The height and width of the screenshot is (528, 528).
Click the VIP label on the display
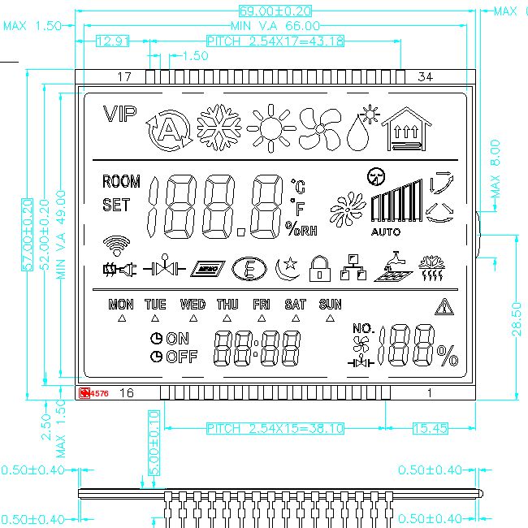point(120,115)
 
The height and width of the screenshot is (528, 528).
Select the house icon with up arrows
point(407,130)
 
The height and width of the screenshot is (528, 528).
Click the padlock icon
point(320,268)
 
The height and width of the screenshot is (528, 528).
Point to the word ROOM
point(121,181)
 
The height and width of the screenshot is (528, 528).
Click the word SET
point(116,206)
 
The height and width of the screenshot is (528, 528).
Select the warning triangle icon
point(444,306)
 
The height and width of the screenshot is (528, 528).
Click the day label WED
point(193,305)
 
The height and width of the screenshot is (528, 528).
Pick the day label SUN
point(330,305)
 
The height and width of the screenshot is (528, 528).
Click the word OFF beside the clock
point(182,357)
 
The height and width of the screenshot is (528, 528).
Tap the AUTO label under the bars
point(386,232)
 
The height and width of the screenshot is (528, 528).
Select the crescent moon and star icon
point(287,267)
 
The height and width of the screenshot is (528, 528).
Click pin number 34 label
point(424,77)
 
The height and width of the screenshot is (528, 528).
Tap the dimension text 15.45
point(431,428)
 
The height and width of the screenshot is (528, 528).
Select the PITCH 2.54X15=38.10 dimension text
point(275,428)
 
